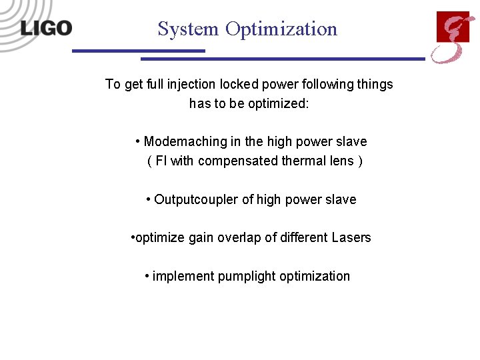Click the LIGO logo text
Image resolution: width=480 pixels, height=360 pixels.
pyautogui.click(x=46, y=28)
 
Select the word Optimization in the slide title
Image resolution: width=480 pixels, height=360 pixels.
pyautogui.click(x=281, y=29)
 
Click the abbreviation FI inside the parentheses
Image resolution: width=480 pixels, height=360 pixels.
pyautogui.click(x=161, y=161)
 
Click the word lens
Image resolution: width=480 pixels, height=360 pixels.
pyautogui.click(x=336, y=161)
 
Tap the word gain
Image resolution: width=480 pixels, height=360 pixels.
pyautogui.click(x=202, y=238)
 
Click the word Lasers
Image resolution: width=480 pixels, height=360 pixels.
pyautogui.click(x=351, y=238)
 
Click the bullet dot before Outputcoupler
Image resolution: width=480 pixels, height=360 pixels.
pyautogui.click(x=149, y=199)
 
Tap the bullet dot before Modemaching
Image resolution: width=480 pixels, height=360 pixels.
pyautogui.click(x=137, y=141)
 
